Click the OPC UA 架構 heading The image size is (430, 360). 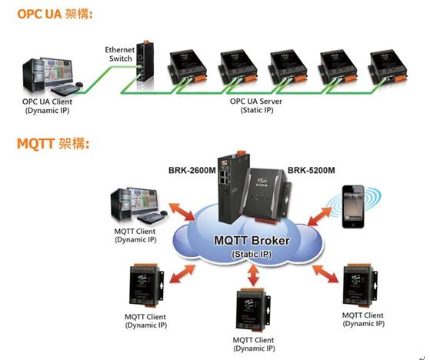point(55,14)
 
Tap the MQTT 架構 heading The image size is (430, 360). point(53,143)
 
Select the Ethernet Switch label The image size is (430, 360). point(120,54)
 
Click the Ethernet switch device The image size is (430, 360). point(145,62)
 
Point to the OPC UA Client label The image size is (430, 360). point(47,106)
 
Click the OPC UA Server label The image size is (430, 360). point(256,105)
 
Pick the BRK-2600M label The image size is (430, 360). point(192,170)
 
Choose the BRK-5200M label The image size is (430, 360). point(312,170)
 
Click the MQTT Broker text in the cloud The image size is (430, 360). point(252,241)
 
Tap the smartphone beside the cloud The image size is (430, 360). point(353,206)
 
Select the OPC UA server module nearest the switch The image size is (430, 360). point(187,67)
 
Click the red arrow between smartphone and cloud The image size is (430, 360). point(320,217)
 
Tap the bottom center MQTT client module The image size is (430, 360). point(253,310)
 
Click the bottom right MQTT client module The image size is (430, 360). point(360,286)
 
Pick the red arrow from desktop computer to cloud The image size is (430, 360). point(182,212)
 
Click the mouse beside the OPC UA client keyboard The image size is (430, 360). point(79,84)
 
